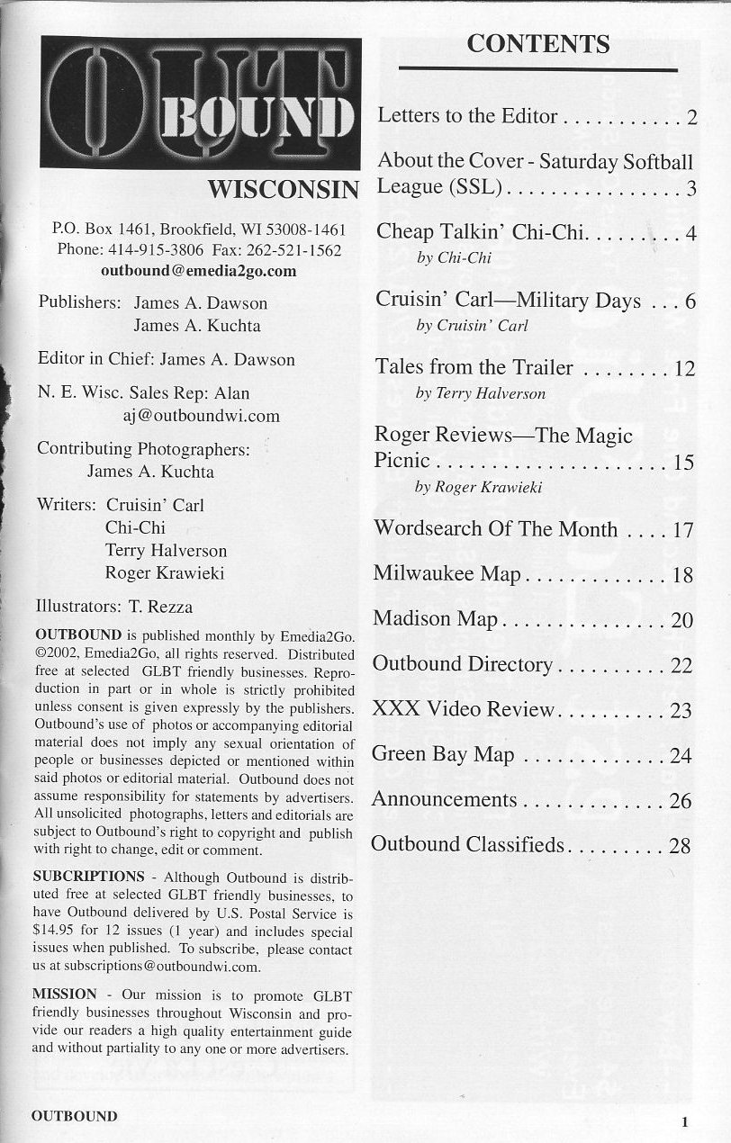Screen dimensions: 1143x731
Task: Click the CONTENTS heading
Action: (537, 43)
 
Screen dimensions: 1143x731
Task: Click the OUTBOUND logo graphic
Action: (200, 102)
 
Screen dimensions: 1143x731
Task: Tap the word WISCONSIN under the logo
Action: (284, 190)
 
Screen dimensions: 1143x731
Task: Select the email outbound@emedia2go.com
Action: (199, 270)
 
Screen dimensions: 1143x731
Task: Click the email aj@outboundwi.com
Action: (201, 416)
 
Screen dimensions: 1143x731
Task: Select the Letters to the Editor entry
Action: (467, 116)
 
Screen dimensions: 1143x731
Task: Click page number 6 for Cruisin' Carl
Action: (690, 301)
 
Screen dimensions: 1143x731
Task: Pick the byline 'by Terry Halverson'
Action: (481, 393)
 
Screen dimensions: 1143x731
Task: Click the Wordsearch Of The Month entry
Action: (495, 528)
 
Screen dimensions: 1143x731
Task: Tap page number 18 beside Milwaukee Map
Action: (681, 574)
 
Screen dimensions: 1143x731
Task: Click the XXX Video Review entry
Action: (464, 709)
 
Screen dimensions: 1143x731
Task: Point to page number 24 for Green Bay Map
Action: (681, 755)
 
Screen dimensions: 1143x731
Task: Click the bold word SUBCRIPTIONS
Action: (88, 876)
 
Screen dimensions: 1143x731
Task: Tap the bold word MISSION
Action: (64, 994)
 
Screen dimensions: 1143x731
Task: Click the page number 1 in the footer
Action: (685, 1121)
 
